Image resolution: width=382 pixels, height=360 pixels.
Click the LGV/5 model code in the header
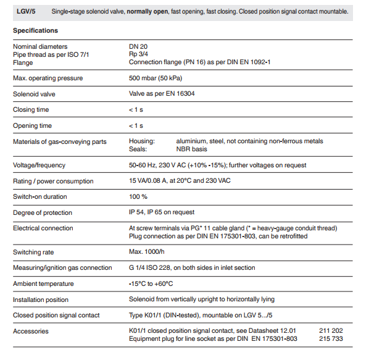pos(25,11)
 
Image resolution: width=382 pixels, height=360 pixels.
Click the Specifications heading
pos(35,30)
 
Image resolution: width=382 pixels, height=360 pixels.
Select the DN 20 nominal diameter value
pos(138,46)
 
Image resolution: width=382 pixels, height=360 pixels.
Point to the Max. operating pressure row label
pos(48,78)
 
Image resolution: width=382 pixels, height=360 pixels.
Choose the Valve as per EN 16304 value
pos(162,94)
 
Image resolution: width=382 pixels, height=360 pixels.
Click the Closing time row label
pos(31,110)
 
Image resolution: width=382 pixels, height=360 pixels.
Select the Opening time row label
pos(32,126)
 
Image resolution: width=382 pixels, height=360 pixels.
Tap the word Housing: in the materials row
pos(142,141)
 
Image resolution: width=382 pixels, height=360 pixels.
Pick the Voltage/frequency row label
pos(39,165)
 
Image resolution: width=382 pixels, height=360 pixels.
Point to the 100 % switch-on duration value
pos(138,197)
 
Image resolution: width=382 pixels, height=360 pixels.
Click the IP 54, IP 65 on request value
pos(162,212)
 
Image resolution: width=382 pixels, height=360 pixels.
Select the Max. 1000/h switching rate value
pos(147,252)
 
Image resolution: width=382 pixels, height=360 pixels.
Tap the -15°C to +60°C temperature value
pos(151,284)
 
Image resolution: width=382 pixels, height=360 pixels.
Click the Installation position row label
pos(41,300)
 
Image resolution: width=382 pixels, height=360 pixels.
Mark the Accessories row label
pos(30,332)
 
